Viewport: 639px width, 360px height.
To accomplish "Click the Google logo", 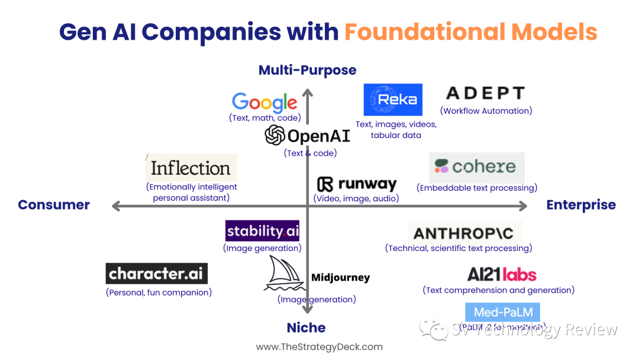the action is tap(264, 102).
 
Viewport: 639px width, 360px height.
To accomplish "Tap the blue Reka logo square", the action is tap(393, 99).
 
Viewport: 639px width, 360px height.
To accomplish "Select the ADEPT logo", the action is tap(485, 94).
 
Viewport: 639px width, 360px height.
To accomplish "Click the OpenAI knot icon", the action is tap(275, 136).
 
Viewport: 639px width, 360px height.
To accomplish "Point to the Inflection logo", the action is tap(191, 168).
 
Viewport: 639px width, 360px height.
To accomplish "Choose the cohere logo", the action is tap(476, 167).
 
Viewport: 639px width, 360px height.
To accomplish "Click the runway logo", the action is tap(356, 184).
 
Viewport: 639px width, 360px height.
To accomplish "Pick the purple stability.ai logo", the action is tap(262, 231).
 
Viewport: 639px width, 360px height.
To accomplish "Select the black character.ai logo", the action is tap(157, 274).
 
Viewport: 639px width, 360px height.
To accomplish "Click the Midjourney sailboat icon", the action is tap(285, 274).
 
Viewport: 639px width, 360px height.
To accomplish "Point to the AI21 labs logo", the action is tap(502, 275).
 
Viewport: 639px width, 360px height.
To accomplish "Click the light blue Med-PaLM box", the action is tap(502, 313).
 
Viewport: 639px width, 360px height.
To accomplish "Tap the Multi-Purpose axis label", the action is tap(307, 70).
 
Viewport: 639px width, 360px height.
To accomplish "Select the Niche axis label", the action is tap(306, 327).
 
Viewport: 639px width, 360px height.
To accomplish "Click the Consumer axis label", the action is tap(54, 205).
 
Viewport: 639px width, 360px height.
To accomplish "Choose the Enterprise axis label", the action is tap(580, 205).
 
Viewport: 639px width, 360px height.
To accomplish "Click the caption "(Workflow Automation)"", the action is tap(486, 111).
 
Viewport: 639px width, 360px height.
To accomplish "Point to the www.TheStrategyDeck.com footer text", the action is tap(319, 347).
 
